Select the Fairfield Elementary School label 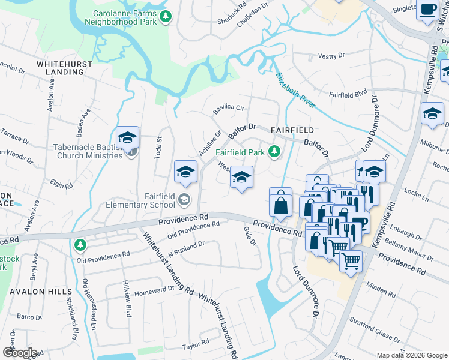(x=152, y=200)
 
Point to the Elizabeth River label (x=295, y=90)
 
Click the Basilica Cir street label (x=229, y=109)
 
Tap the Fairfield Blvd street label (x=348, y=94)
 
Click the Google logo (x=19, y=353)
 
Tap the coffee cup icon (x=429, y=10)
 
